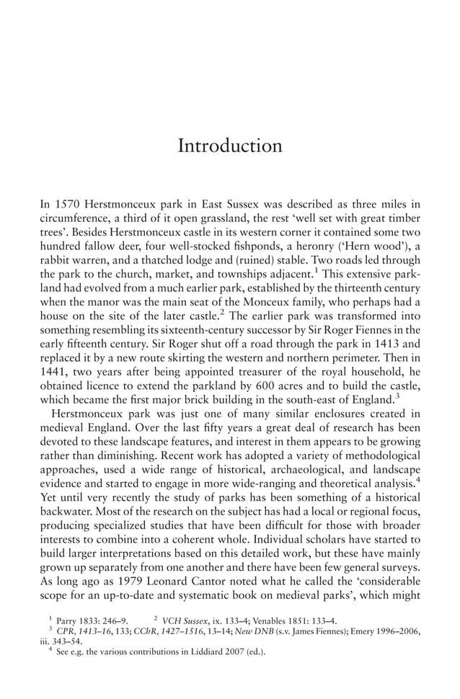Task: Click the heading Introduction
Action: (230, 146)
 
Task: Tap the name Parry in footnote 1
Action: (68, 620)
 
